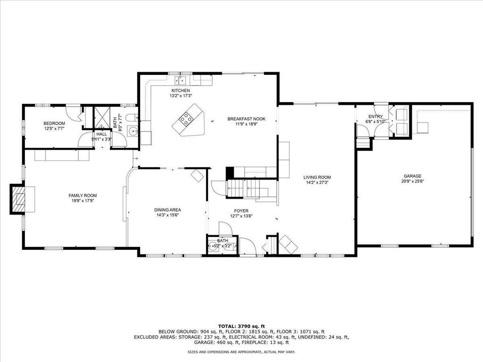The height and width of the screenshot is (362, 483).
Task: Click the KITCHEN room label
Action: click(x=181, y=90)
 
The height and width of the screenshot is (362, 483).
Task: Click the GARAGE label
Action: click(x=412, y=176)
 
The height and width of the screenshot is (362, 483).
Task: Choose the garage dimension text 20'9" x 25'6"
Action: click(x=412, y=181)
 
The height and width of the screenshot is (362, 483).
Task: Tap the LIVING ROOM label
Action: click(x=317, y=177)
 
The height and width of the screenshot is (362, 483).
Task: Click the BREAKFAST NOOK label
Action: click(x=246, y=119)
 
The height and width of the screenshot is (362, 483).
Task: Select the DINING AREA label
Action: click(x=167, y=210)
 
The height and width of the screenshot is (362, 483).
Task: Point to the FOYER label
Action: click(x=241, y=211)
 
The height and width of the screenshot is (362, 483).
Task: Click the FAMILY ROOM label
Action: click(x=83, y=196)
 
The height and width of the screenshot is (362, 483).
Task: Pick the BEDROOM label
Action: click(x=54, y=123)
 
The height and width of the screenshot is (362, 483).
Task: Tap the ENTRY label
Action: click(x=375, y=116)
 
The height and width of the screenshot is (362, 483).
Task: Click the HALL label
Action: click(x=102, y=134)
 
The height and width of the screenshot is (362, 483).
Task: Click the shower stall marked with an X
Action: click(x=102, y=117)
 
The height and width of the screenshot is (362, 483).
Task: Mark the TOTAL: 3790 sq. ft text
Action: click(x=241, y=326)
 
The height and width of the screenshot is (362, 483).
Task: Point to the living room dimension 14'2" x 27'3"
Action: click(x=317, y=182)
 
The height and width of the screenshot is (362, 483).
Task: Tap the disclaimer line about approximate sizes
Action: click(x=241, y=352)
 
